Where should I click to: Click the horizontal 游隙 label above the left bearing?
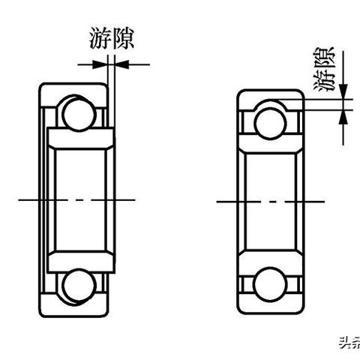point(112,38)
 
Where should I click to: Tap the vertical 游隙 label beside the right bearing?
point(323,69)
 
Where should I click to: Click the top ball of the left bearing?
point(79,114)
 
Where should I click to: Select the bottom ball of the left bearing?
point(79,286)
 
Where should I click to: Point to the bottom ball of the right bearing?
point(270,284)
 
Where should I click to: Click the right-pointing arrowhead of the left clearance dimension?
point(100,64)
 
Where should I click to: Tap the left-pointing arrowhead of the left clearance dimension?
point(121,64)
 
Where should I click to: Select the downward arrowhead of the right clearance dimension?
point(343,91)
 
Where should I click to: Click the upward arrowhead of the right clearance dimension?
point(343,118)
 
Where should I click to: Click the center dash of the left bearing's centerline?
point(79,200)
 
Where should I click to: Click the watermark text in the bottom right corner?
point(349,343)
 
